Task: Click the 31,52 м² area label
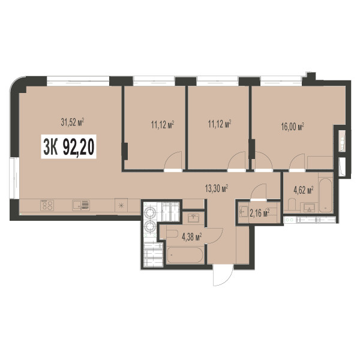[72, 122]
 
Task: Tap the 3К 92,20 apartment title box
[68, 146]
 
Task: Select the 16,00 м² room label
[293, 127]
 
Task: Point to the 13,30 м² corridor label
[216, 188]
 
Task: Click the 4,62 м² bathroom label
[304, 190]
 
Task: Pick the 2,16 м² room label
[259, 213]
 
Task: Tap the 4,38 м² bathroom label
[192, 236]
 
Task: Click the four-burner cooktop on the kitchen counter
[47, 205]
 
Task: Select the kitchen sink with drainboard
[81, 205]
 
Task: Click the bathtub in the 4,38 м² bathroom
[185, 255]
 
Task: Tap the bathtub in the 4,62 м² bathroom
[325, 196]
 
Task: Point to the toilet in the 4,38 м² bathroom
[172, 234]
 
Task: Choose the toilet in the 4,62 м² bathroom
[292, 205]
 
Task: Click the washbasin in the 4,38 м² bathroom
[194, 218]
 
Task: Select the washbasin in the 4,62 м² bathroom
[310, 208]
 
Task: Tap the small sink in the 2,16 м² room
[243, 211]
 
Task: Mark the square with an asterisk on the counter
[121, 205]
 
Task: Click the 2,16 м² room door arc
[257, 190]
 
